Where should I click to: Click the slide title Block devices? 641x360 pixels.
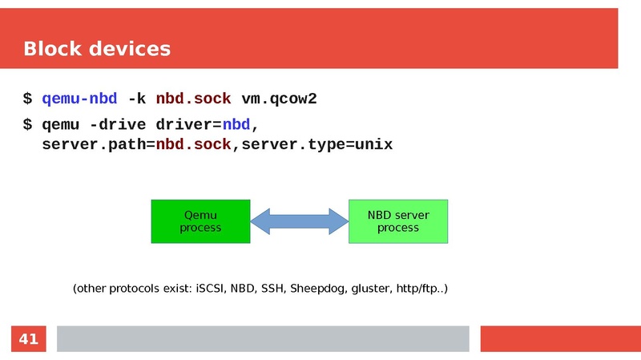click(x=97, y=49)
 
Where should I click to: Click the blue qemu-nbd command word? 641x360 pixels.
click(x=79, y=99)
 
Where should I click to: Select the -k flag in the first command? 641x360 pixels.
click(x=136, y=99)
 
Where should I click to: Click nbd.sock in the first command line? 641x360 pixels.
click(x=193, y=99)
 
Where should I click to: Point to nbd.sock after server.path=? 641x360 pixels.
click(x=193, y=144)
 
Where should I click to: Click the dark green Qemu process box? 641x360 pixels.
click(x=200, y=221)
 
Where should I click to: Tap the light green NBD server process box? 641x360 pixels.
click(x=398, y=221)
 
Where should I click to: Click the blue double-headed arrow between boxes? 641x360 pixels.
click(x=299, y=221)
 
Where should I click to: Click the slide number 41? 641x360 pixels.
click(x=29, y=339)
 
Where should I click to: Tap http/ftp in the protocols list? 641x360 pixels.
click(x=417, y=288)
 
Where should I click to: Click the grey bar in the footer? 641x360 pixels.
click(x=262, y=339)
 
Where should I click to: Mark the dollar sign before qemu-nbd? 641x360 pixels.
click(x=27, y=99)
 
